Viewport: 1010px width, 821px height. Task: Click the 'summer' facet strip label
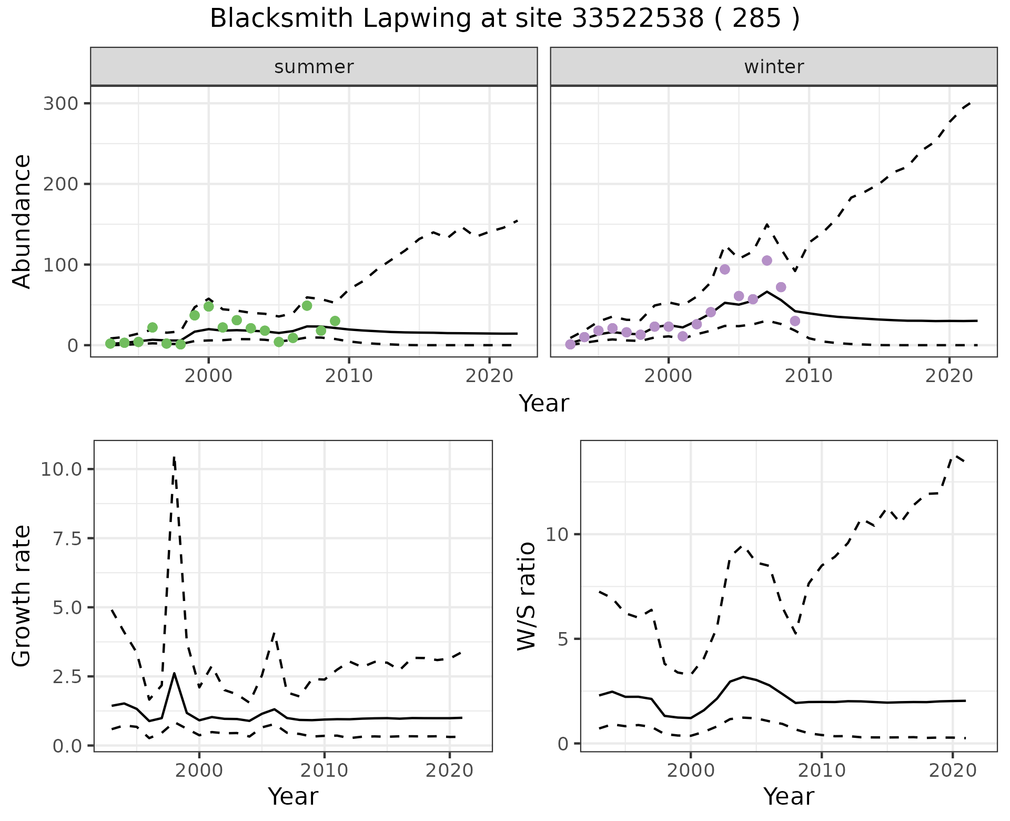tap(314, 67)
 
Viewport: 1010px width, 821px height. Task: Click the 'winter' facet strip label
tap(774, 67)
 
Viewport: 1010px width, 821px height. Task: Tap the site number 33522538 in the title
tap(637, 19)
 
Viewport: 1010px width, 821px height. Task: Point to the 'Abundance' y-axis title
tap(22, 222)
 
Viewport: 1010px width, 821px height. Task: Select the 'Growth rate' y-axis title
tap(22, 596)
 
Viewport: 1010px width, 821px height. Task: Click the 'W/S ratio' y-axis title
tap(527, 596)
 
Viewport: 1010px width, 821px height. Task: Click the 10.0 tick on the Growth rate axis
tap(61, 469)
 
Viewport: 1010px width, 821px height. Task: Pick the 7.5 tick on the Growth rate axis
tap(67, 538)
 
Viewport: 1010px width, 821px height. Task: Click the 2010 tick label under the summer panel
tap(349, 376)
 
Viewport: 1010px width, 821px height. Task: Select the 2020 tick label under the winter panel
tap(949, 376)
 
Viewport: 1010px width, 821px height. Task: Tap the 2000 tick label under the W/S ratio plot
tap(691, 771)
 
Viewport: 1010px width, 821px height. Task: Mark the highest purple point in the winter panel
tap(767, 261)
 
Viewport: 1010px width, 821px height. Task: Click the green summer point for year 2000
tap(208, 306)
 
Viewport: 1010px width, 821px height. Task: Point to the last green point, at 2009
tap(335, 321)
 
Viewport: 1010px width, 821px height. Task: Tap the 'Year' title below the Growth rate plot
tap(293, 797)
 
